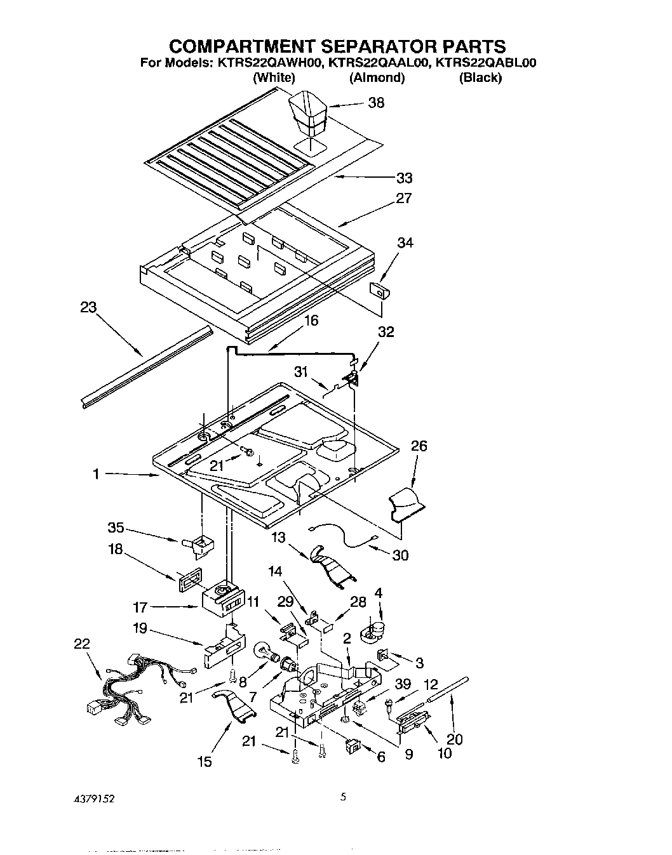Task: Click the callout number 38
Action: [376, 103]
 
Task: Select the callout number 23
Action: [88, 308]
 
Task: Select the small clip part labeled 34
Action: [379, 291]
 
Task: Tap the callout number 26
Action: [419, 446]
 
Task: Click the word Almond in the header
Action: [377, 78]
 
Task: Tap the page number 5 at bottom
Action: [342, 798]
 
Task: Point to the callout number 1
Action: [96, 474]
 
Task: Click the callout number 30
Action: [400, 555]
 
